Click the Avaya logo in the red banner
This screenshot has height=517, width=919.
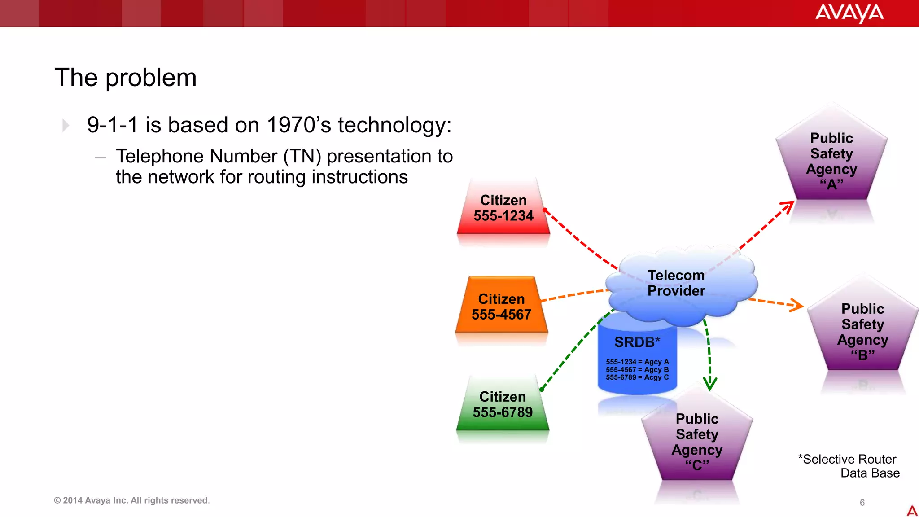[849, 13]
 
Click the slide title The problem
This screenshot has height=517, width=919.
[126, 78]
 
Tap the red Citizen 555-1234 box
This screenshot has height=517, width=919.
[503, 208]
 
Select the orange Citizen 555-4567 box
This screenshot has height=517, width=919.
[502, 307]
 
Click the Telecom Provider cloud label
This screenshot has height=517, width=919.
[676, 283]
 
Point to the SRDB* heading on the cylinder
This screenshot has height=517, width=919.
[637, 342]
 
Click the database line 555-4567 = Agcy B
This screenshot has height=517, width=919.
[637, 370]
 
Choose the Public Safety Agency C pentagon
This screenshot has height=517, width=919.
[697, 442]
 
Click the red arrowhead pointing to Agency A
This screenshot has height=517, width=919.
[788, 207]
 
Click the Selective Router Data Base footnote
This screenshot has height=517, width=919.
[849, 466]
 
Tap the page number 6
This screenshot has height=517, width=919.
[862, 503]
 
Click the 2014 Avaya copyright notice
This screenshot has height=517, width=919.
[131, 500]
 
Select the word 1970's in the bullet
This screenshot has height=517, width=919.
[299, 125]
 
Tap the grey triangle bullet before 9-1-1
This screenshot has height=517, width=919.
[66, 126]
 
